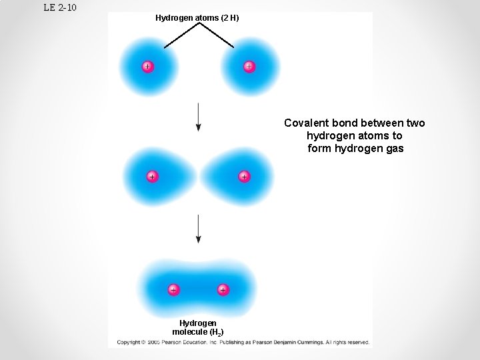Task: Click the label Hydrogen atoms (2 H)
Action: click(197, 18)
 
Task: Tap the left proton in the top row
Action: click(147, 66)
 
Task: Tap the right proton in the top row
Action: click(249, 66)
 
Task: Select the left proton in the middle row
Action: click(152, 177)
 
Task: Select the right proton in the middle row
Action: click(244, 177)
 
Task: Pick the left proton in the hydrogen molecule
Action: click(173, 290)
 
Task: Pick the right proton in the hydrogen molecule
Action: click(223, 290)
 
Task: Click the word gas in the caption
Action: click(394, 149)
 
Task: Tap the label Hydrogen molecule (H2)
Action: click(198, 327)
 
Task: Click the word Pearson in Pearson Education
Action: click(171, 343)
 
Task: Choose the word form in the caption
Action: click(319, 149)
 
